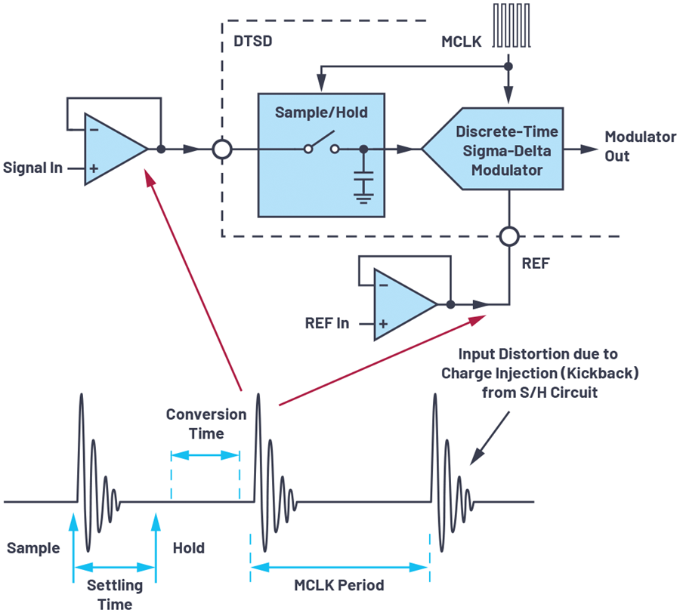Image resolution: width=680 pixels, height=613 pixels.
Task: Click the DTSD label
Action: (253, 42)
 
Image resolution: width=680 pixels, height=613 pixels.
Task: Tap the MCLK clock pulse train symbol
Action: (512, 25)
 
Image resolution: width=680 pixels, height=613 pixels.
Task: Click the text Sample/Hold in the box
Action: (321, 112)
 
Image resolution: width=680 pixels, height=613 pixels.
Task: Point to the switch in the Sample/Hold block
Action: (321, 143)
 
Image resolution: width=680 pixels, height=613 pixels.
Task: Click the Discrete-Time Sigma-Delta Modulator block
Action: (493, 149)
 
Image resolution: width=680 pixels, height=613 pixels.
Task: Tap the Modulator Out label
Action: (640, 146)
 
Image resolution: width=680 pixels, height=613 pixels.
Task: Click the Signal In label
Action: (32, 168)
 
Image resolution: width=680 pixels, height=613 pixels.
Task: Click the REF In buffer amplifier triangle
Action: (406, 304)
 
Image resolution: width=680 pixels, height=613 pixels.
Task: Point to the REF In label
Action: (327, 323)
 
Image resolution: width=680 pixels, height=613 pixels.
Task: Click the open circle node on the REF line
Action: (509, 236)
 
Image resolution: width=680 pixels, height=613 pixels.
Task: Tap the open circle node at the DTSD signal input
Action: (222, 149)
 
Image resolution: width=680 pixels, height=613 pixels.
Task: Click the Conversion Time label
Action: (206, 424)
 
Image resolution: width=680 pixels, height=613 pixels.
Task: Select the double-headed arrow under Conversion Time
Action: (205, 455)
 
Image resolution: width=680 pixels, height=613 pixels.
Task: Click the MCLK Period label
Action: (339, 585)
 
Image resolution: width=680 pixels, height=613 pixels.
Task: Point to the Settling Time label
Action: (115, 594)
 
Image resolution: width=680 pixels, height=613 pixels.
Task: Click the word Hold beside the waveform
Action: (189, 548)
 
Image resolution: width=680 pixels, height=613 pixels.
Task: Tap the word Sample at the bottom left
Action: (33, 548)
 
